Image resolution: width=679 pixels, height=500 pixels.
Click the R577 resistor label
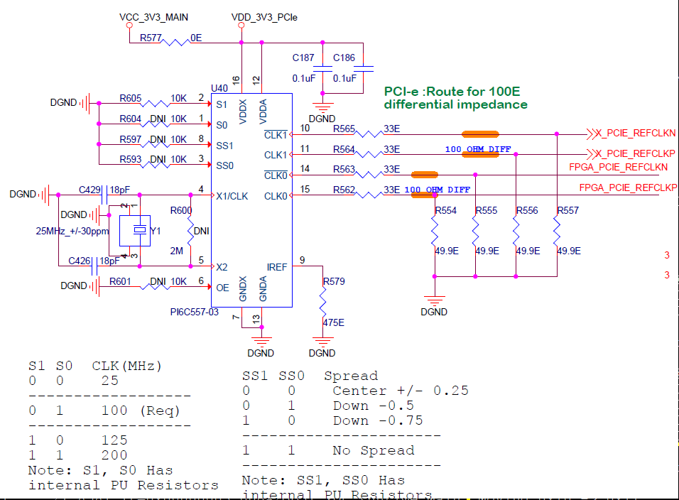coord(150,38)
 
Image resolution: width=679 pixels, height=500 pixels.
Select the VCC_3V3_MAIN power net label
coord(153,16)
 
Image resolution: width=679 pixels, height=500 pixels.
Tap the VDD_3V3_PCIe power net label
coord(264,16)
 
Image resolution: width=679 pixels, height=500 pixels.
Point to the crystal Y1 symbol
coord(139,230)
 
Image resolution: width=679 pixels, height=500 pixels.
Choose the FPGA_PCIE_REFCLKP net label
coord(628,187)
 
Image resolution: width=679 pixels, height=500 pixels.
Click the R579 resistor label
coord(334,282)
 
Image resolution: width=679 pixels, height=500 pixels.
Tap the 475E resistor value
coord(333,322)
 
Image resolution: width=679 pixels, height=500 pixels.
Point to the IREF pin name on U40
coord(277,266)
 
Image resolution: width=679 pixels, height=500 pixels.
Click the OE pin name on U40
coord(222,288)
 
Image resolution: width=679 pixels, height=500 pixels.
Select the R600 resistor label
coord(181,210)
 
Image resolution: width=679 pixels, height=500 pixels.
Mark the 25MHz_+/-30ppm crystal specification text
coord(72,231)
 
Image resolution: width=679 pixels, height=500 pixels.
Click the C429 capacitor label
coord(89,190)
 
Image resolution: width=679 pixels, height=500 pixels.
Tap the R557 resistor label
coord(568,211)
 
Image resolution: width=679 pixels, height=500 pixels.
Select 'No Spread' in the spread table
coord(373,450)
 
